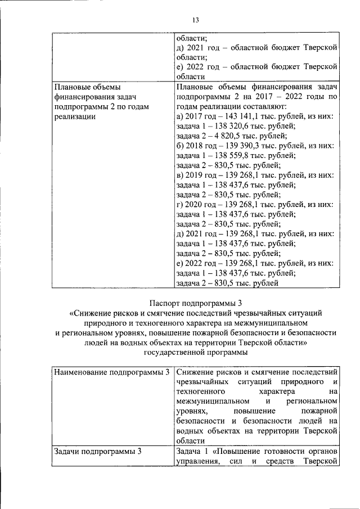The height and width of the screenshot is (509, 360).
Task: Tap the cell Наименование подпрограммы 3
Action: click(x=111, y=372)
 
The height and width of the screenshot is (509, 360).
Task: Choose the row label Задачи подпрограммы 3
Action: click(x=97, y=451)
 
